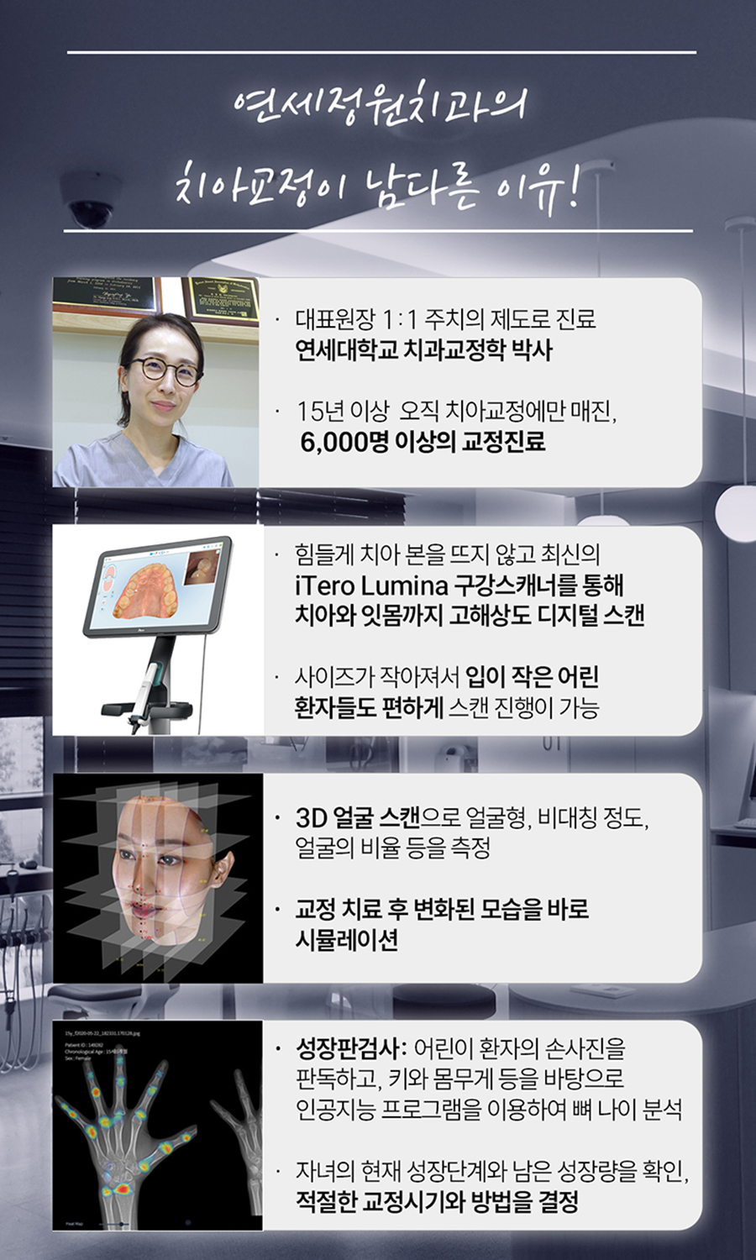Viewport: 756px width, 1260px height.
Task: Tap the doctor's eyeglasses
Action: point(165,370)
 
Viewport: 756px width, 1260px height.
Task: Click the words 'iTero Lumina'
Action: point(370,585)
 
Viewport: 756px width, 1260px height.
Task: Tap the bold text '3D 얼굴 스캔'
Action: point(357,816)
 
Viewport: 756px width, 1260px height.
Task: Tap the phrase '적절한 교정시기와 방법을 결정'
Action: point(436,1200)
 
